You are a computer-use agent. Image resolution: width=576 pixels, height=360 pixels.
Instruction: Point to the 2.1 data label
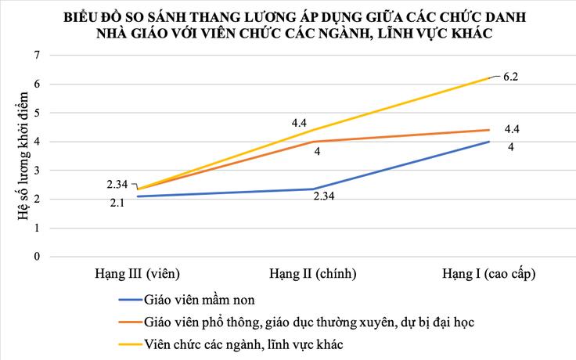(x=117, y=203)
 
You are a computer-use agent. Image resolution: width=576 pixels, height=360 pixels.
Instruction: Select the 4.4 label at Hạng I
(x=513, y=129)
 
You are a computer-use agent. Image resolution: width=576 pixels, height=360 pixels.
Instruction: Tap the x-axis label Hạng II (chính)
(x=313, y=274)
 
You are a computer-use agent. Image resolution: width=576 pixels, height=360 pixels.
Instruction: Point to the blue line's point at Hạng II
(x=313, y=189)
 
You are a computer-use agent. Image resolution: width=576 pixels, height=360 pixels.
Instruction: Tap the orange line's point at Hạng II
(x=313, y=142)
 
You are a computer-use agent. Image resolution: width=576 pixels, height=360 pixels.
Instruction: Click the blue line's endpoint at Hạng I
(x=490, y=142)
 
